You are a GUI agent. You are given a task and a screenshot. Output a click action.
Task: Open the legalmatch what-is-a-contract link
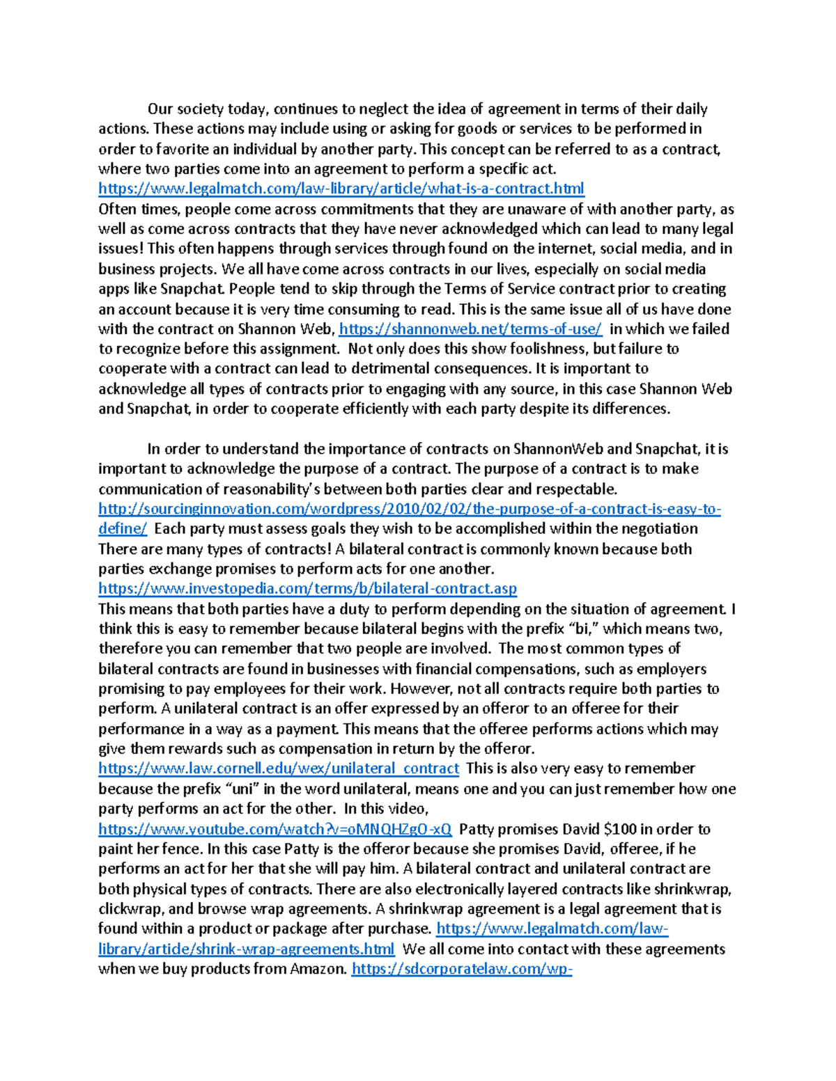[x=341, y=189]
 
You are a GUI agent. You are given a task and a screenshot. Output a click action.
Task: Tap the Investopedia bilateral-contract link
[x=307, y=589]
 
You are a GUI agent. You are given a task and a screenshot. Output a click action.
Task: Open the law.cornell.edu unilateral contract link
[x=278, y=768]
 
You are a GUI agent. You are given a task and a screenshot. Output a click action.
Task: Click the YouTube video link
[x=274, y=829]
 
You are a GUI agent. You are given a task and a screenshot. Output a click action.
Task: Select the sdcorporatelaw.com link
[x=462, y=970]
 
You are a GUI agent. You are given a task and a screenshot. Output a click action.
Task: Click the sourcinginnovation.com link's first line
[x=409, y=509]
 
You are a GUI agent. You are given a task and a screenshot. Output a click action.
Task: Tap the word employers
[x=671, y=670]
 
